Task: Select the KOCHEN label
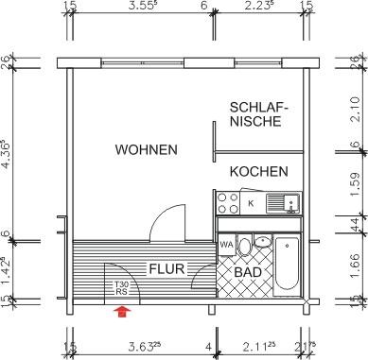point(258,172)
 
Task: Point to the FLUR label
point(166,268)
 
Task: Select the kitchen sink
point(281,202)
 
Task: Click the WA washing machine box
point(226,246)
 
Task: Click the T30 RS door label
point(121,286)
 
